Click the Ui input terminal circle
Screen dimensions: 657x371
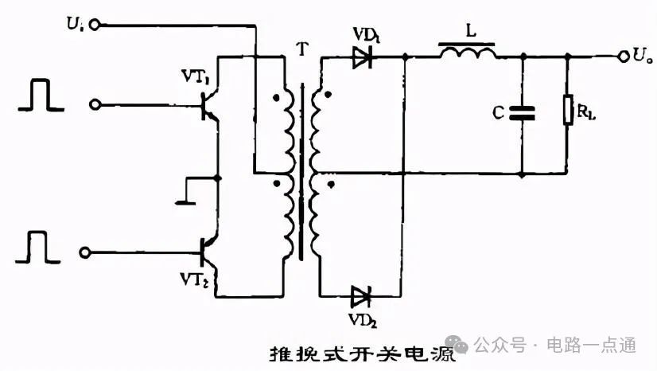pos(95,25)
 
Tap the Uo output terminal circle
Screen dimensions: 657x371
pos(624,57)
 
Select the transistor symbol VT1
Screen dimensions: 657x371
pos(208,105)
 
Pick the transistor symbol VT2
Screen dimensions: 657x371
pos(208,252)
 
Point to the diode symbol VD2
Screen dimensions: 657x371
pos(361,297)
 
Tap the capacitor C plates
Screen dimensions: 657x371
pos(522,113)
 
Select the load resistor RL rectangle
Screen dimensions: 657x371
pos(568,110)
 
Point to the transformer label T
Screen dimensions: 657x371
pos(301,49)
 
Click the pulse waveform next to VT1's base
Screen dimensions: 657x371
pos(41,96)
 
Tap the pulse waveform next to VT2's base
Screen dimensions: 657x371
pos(37,247)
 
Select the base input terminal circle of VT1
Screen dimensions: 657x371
pos(95,104)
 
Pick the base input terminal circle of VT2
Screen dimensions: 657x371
pos(85,252)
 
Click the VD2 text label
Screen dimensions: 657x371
pos(363,320)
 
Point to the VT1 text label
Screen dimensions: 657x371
pos(196,76)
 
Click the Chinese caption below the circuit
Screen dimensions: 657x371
pos(363,354)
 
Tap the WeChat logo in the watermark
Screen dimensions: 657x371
pos(457,344)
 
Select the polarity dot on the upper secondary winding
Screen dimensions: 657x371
pos(328,95)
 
